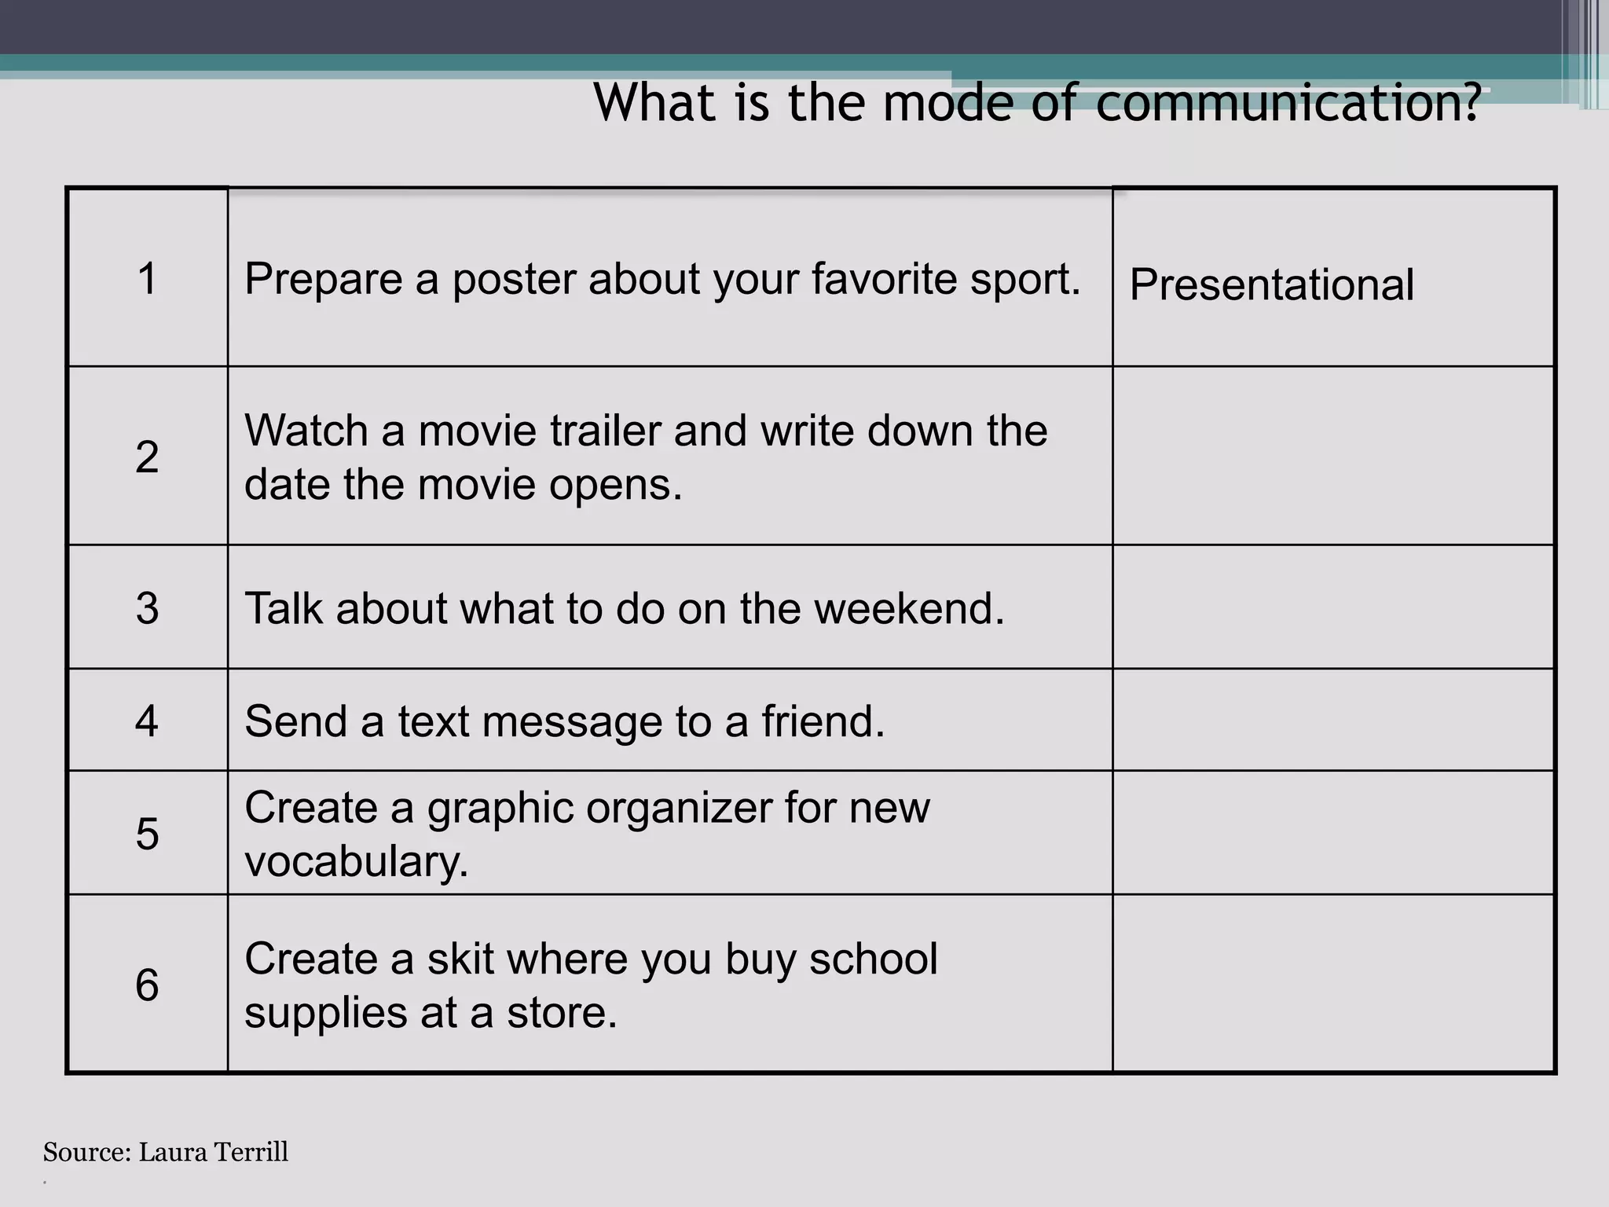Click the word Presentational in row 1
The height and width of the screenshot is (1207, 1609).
(1271, 284)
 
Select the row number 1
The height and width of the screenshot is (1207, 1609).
(147, 279)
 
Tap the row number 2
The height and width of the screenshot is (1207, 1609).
(147, 457)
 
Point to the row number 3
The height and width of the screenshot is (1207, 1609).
(147, 608)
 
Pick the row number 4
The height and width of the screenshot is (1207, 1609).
(147, 721)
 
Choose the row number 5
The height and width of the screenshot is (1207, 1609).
(147, 834)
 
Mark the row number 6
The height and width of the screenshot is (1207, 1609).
(147, 985)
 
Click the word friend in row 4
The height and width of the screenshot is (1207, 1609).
(822, 721)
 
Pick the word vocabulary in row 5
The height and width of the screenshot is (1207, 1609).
(356, 862)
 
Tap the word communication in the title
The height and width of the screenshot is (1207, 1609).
(1287, 102)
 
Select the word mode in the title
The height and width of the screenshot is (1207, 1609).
(948, 102)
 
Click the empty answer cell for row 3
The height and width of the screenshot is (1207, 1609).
(1333, 607)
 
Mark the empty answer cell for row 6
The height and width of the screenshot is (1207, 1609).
(1333, 983)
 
